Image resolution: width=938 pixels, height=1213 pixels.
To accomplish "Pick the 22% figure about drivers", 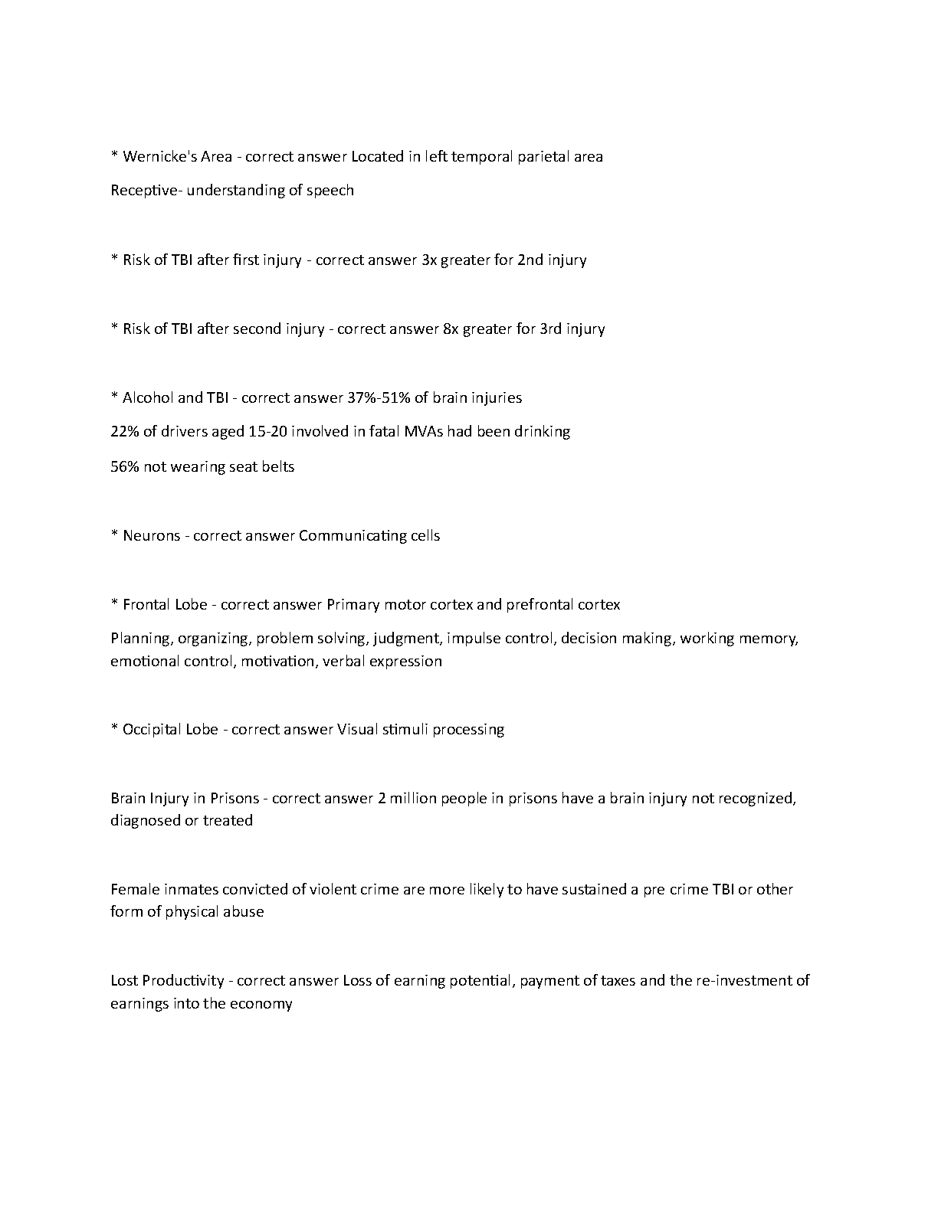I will point(123,431).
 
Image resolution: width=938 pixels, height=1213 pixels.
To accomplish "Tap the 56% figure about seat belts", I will point(124,466).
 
